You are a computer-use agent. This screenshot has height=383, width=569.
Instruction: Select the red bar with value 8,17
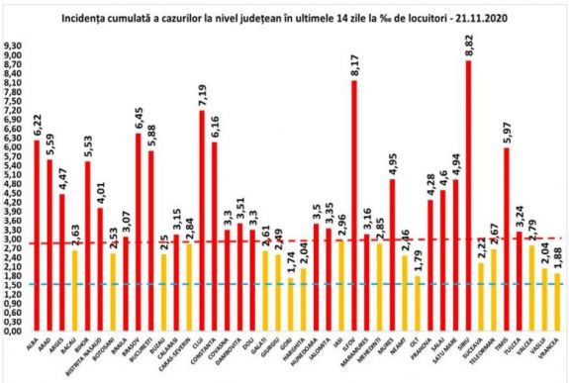(x=353, y=208)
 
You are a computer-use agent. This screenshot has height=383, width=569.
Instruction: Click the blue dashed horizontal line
(x=297, y=285)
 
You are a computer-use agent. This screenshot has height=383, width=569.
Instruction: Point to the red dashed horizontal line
(x=297, y=240)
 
